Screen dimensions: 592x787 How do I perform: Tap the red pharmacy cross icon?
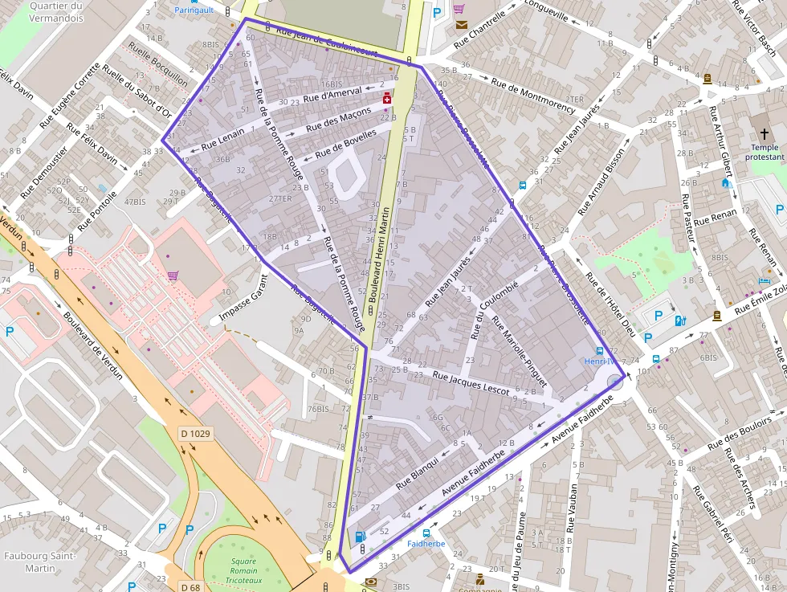pos(387,98)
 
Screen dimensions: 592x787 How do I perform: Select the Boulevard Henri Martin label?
pos(384,254)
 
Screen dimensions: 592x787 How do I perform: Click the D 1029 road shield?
pos(195,435)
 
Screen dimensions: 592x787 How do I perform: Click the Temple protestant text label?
pos(764,153)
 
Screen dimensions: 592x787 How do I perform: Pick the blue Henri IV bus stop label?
pos(599,361)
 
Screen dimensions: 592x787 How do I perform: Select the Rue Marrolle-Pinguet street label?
pos(519,351)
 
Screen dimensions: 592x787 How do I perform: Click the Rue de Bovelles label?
pos(345,144)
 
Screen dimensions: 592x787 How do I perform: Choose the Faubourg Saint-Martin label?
pos(39,561)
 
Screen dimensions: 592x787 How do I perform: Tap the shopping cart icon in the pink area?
pos(173,276)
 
